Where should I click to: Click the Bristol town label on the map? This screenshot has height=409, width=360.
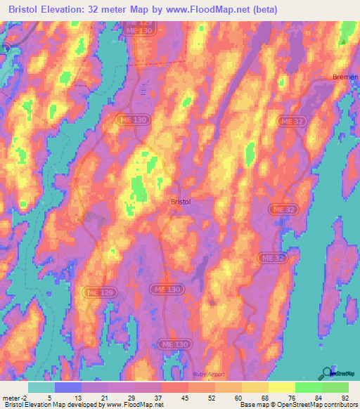(x=181, y=202)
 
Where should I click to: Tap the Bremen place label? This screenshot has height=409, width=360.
(x=345, y=76)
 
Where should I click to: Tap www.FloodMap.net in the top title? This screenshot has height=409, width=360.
(x=212, y=10)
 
